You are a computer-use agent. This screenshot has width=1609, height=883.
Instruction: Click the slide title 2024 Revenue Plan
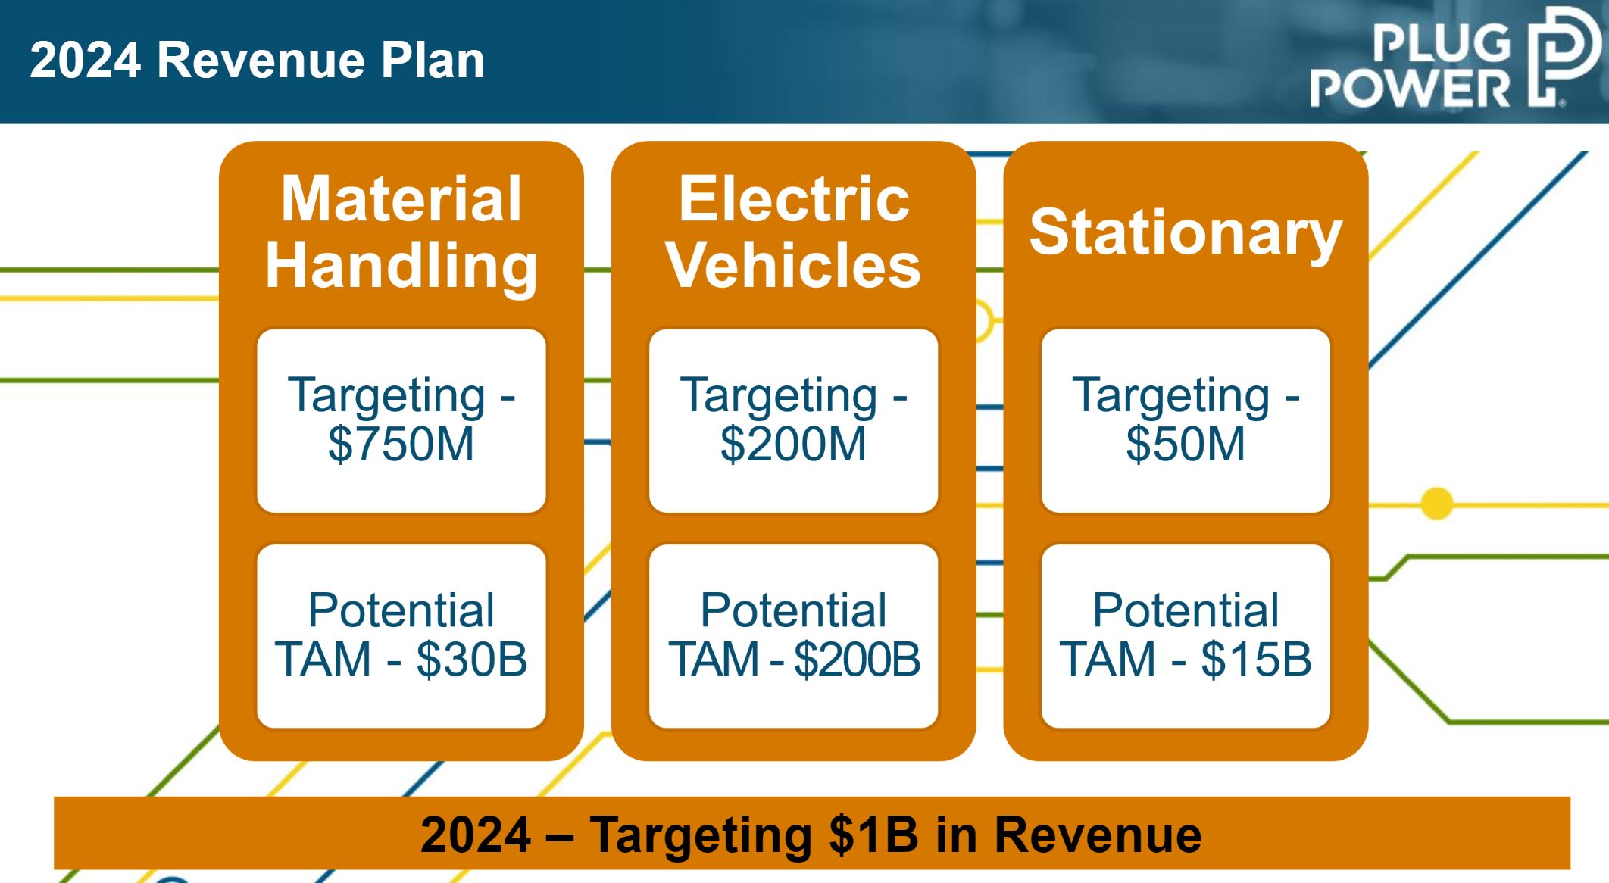coord(258,60)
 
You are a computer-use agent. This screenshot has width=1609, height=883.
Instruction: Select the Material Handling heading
coord(401,232)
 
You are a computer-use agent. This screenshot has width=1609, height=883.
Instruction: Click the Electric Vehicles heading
coord(794,232)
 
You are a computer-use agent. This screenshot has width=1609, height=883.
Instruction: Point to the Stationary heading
coord(1186,232)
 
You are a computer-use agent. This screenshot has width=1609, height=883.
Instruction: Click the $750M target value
coord(401,444)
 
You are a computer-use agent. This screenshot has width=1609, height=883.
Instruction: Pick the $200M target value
coord(793,444)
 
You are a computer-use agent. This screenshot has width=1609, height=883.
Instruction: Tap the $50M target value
coord(1186,444)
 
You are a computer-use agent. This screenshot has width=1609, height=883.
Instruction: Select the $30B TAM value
coord(471,659)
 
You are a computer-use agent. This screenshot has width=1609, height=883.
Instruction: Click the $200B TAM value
coord(858,659)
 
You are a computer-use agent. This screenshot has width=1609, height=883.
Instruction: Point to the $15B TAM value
coord(1256,659)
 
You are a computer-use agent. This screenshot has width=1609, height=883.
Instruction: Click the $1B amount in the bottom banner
coord(873,835)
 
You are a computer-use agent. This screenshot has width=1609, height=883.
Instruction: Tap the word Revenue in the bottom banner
coord(1098,835)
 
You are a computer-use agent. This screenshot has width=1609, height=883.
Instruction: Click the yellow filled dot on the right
coord(1436,504)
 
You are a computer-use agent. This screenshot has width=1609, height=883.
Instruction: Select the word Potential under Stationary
coord(1186,610)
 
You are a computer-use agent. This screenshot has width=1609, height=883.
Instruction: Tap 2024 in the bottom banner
coord(476,835)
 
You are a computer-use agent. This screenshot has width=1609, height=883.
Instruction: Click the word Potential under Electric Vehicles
coord(793,610)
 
